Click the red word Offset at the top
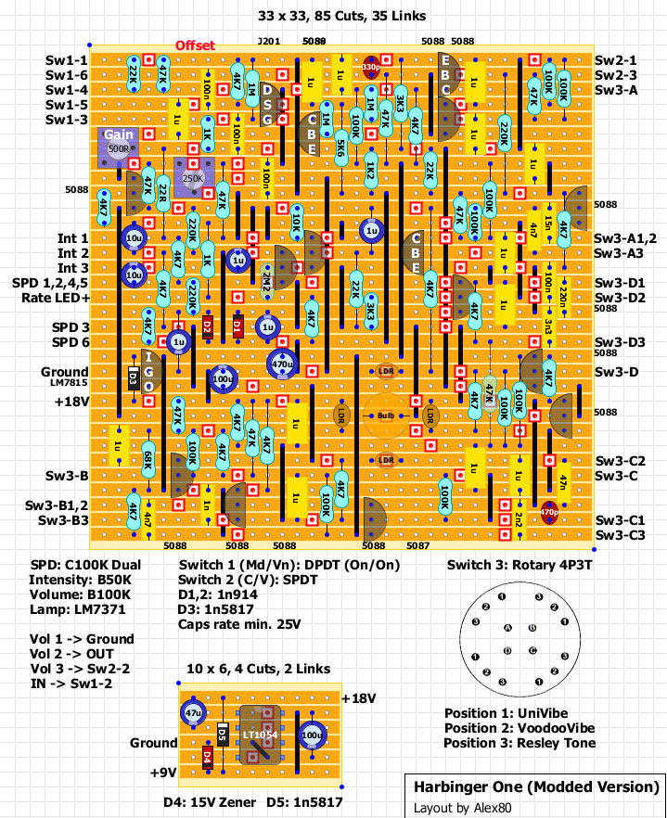(x=195, y=45)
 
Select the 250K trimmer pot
(x=194, y=177)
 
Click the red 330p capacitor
(x=371, y=67)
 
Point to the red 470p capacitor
(x=548, y=511)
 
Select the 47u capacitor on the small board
(x=193, y=714)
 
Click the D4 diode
(x=207, y=757)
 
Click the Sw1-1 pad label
(x=67, y=60)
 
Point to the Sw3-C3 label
(x=621, y=535)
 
